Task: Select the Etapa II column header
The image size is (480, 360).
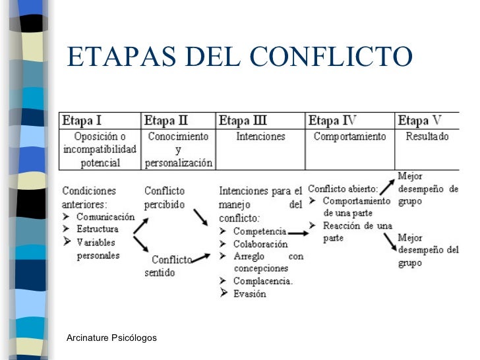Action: click(165, 121)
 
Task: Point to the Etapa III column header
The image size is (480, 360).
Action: click(243, 121)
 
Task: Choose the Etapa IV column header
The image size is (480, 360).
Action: click(332, 121)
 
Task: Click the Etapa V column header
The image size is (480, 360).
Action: click(419, 121)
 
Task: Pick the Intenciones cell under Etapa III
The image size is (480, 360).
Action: click(260, 136)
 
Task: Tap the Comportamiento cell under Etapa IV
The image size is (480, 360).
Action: click(349, 136)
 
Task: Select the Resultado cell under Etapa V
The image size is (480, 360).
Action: click(427, 136)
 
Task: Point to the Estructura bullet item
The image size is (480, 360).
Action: click(98, 229)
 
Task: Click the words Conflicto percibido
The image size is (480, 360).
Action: click(165, 197)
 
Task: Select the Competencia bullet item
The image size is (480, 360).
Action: click(260, 231)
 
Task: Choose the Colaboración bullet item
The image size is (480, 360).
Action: click(260, 244)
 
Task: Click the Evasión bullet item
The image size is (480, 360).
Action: click(250, 293)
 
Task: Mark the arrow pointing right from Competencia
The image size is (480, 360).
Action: click(297, 232)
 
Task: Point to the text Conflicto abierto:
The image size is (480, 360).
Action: click(343, 189)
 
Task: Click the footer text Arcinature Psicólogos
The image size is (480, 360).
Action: click(111, 338)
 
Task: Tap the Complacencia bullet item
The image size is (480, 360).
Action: click(263, 282)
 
